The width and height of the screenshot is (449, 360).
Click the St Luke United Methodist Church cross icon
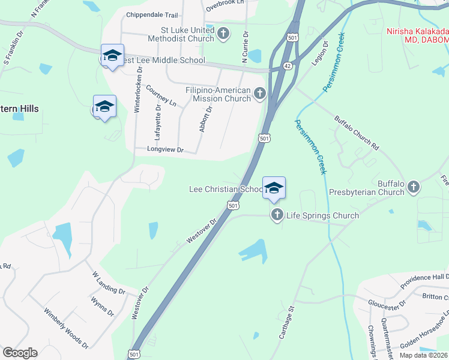pos(223,34)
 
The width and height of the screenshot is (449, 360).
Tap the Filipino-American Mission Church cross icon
pos(260,93)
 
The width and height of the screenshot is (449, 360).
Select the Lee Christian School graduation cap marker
pos(274,188)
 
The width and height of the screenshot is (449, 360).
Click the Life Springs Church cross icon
pos(277,215)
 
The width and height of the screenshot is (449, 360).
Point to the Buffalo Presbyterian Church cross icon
pos(413,187)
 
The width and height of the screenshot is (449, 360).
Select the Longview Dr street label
pos(166,149)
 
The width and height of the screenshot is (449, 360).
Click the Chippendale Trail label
pos(152,15)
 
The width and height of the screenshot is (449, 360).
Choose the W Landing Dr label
pos(109,283)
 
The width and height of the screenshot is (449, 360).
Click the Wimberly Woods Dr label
pos(66,328)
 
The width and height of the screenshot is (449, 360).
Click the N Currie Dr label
pos(246,47)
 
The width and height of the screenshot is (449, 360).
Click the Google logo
pos(20,353)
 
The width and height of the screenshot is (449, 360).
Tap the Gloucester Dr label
pos(386,306)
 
